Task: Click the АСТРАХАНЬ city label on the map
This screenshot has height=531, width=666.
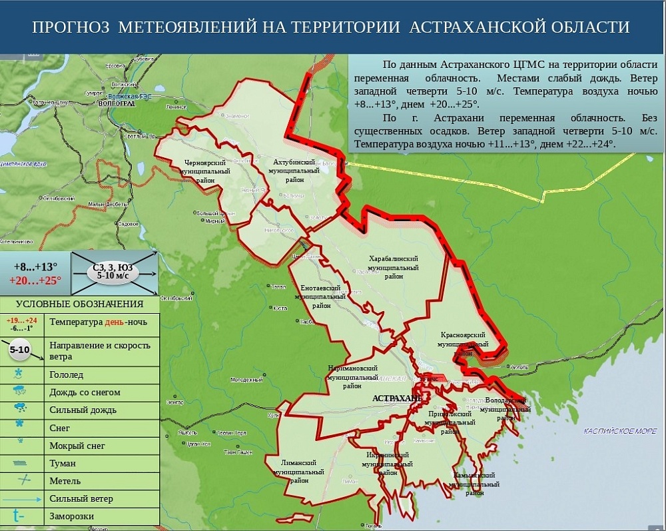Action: point(397,398)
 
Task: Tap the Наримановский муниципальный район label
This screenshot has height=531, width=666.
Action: point(352,376)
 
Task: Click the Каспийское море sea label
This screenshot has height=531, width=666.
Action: point(619,431)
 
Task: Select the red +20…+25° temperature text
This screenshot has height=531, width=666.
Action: point(35,280)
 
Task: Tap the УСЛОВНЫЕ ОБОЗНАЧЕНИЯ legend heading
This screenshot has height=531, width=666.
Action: point(80,304)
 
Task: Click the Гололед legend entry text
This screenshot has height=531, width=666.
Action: point(67,375)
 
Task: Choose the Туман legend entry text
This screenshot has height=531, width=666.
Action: point(63,463)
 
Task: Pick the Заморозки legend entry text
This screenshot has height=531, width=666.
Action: point(71,516)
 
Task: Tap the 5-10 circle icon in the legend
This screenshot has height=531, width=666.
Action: point(19,350)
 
